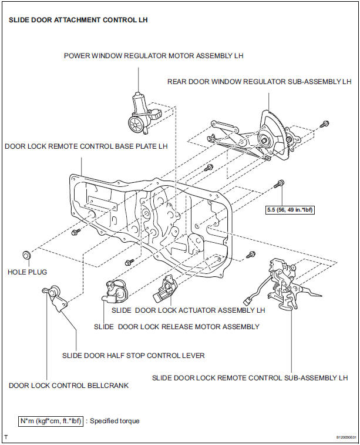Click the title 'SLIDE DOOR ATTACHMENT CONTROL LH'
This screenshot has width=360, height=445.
tap(78, 20)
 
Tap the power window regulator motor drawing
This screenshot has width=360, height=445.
tap(140, 113)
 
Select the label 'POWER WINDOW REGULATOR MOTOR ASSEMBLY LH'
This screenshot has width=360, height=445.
tap(153, 56)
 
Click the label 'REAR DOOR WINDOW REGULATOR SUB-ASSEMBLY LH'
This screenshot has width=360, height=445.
tap(259, 82)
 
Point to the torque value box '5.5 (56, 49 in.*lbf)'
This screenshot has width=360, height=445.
tap(289, 208)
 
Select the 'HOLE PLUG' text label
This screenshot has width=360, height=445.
tap(27, 272)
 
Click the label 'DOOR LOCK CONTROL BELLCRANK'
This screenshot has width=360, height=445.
tap(69, 386)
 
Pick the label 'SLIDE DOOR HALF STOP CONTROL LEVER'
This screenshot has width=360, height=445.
tap(133, 355)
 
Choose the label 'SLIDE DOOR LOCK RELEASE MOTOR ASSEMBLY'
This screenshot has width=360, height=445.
tap(176, 326)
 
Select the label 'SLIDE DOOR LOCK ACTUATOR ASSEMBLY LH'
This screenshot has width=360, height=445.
tap(188, 309)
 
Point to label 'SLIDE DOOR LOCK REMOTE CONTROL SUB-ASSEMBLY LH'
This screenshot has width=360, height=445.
tap(250, 377)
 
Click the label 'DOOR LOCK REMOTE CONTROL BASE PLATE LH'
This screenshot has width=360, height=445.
tap(86, 146)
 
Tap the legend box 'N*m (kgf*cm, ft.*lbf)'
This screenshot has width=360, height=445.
tap(51, 421)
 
